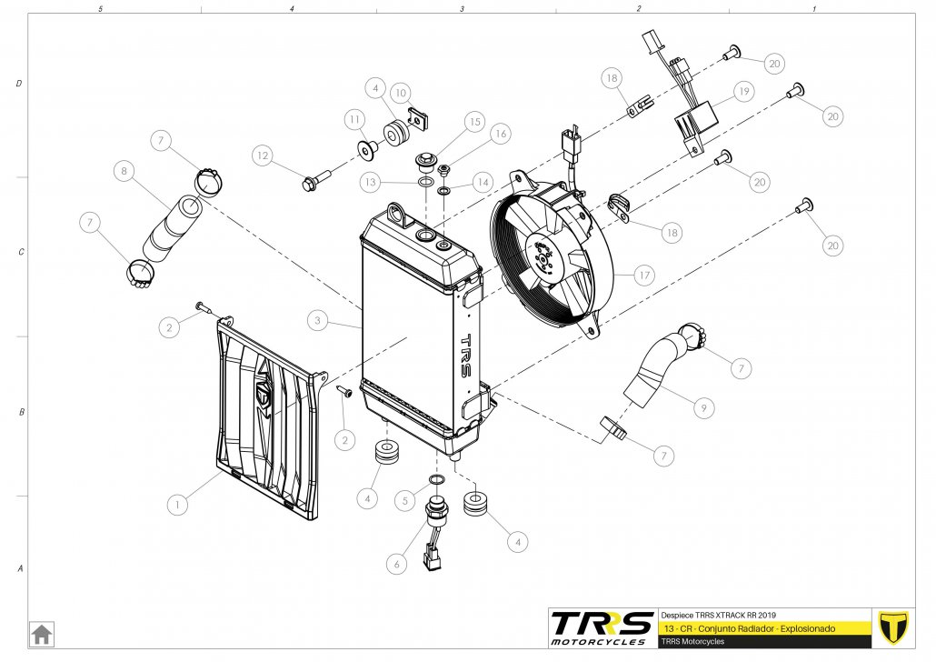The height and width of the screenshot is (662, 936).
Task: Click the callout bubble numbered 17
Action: pyautogui.click(x=644, y=275)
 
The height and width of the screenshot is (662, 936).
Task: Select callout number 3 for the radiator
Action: pyautogui.click(x=317, y=320)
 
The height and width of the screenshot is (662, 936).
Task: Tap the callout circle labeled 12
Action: pyautogui.click(x=263, y=156)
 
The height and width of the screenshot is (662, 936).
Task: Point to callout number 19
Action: pyautogui.click(x=744, y=92)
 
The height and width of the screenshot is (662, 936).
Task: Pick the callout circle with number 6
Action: pyautogui.click(x=396, y=564)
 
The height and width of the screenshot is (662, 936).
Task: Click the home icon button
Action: pyautogui.click(x=41, y=632)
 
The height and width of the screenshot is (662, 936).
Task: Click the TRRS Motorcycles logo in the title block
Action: pyautogui.click(x=602, y=627)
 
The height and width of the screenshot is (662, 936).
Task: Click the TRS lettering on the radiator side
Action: pyautogui.click(x=466, y=350)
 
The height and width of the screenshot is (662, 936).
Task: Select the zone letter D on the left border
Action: pyautogui.click(x=19, y=84)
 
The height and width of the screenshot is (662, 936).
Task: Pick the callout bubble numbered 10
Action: pyautogui.click(x=400, y=93)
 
